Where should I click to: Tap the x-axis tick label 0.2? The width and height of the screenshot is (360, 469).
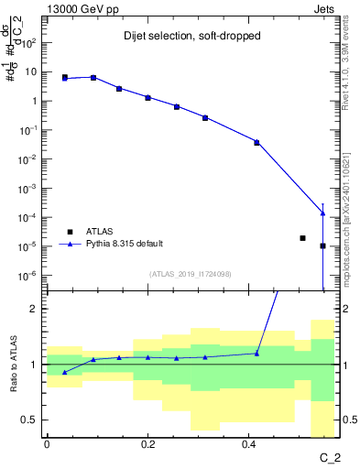[x=147, y=444]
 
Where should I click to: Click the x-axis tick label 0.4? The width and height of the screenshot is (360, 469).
[x=248, y=444]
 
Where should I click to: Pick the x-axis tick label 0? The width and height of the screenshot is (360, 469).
[x=47, y=444]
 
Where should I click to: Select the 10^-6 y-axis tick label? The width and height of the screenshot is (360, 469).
[x=29, y=275]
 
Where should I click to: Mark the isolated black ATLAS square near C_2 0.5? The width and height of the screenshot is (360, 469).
[x=302, y=238]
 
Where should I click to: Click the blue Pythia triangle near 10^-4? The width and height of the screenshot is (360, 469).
[x=322, y=213]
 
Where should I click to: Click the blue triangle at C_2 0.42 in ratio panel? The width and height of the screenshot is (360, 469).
[x=256, y=353]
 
